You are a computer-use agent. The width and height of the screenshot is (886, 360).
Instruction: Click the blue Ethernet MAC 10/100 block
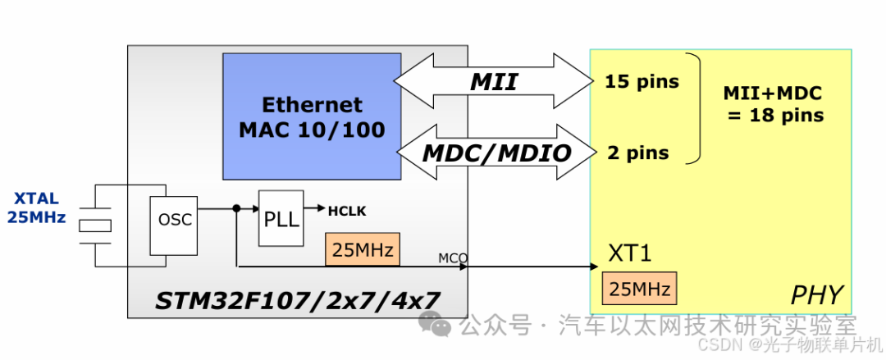pyautogui.click(x=312, y=116)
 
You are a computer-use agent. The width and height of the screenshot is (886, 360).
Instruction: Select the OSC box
pyautogui.click(x=174, y=224)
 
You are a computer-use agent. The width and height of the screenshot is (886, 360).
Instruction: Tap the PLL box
pyautogui.click(x=281, y=218)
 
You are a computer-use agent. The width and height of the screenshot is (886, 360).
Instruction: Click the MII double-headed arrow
pyautogui.click(x=493, y=80)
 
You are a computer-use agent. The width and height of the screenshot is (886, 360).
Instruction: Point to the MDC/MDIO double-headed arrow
pyautogui.click(x=497, y=152)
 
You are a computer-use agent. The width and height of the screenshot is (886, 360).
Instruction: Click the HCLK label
pyautogui.click(x=347, y=211)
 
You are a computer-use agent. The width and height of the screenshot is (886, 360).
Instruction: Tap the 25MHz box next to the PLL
pyautogui.click(x=362, y=249)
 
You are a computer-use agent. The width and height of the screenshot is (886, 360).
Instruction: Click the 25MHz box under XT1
pyautogui.click(x=640, y=288)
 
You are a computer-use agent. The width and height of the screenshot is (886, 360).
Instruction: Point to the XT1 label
pyautogui.click(x=630, y=253)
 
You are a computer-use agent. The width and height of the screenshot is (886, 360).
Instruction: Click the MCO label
pyautogui.click(x=452, y=258)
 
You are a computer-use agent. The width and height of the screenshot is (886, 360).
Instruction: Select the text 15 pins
pyautogui.click(x=642, y=81)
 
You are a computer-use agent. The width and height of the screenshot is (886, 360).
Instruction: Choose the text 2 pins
pyautogui.click(x=637, y=153)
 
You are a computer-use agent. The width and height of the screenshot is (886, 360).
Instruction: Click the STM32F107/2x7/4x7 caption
pyautogui.click(x=297, y=301)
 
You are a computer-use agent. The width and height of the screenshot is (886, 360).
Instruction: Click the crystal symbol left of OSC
pyautogui.click(x=96, y=225)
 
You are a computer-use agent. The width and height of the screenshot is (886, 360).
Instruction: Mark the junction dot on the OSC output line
pyautogui.click(x=236, y=208)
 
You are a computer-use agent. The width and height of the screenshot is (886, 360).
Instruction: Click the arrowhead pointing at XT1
pyautogui.click(x=591, y=266)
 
